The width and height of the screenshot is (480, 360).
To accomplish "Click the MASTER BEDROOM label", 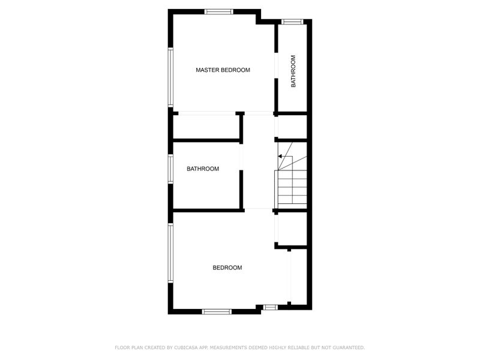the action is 223,70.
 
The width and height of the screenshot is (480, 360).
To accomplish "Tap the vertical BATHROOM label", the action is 293,71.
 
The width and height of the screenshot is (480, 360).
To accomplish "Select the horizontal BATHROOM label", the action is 203,169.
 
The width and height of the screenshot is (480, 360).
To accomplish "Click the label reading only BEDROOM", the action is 227,268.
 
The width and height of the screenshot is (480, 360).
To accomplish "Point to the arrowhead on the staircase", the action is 280,157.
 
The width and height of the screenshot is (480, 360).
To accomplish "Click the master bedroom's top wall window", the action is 219,11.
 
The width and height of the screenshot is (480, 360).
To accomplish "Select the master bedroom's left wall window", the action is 170,77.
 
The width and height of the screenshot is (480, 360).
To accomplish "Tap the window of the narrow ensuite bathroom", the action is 292,22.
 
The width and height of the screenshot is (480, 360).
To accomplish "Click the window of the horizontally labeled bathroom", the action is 170,169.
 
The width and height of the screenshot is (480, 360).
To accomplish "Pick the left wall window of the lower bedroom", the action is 170,253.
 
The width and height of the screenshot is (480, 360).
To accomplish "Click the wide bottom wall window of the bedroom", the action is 217,311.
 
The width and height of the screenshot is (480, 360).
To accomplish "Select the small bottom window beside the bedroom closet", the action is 271,307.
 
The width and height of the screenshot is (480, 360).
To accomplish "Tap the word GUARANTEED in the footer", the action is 349,347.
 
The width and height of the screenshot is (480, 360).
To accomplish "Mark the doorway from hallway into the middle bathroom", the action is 241,157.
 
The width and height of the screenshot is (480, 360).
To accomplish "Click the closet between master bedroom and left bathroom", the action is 206,127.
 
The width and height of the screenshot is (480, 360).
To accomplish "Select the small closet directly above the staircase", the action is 292,127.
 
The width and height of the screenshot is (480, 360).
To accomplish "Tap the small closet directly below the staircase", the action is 292,229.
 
